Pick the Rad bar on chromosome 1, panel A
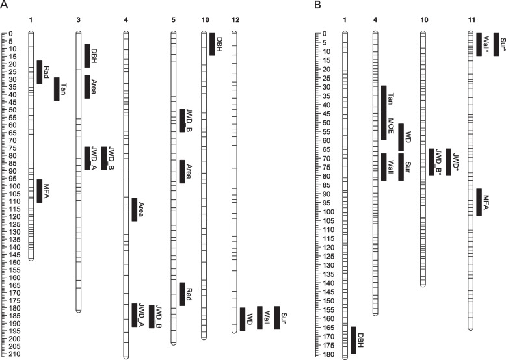pyautogui.click(x=39, y=71)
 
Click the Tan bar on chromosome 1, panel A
pyautogui.click(x=57, y=89)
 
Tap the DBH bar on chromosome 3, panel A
pyautogui.click(x=87, y=56)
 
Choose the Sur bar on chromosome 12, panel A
pyautogui.click(x=276, y=318)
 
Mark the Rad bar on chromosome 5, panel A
pyautogui.click(x=182, y=294)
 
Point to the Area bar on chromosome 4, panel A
pyautogui.click(x=134, y=209)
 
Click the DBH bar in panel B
pyautogui.click(x=354, y=340)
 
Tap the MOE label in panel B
pyautogui.click(x=391, y=125)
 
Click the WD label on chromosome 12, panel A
pyautogui.click(x=250, y=319)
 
